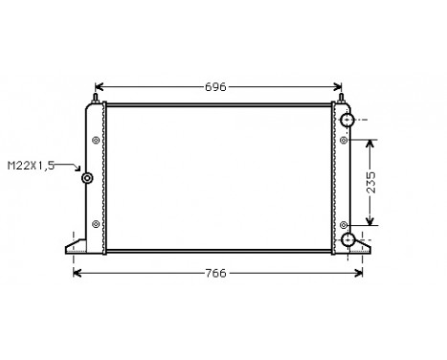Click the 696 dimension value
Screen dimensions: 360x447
click(x=216, y=87)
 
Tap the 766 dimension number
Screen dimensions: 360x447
click(x=216, y=274)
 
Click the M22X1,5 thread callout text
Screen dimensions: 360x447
click(x=31, y=166)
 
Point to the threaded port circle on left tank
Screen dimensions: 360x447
click(x=87, y=178)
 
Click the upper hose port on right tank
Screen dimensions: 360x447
click(x=348, y=121)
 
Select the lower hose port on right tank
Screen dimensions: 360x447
click(x=348, y=239)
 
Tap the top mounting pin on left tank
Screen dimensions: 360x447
click(x=96, y=97)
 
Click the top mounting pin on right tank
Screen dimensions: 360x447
click(x=340, y=97)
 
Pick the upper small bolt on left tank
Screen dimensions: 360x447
click(x=95, y=140)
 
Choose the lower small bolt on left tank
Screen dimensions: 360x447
click(x=95, y=224)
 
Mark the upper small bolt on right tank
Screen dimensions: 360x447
click(x=343, y=140)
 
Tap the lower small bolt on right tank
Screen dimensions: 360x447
click(x=343, y=224)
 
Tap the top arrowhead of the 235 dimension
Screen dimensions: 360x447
click(x=371, y=140)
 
